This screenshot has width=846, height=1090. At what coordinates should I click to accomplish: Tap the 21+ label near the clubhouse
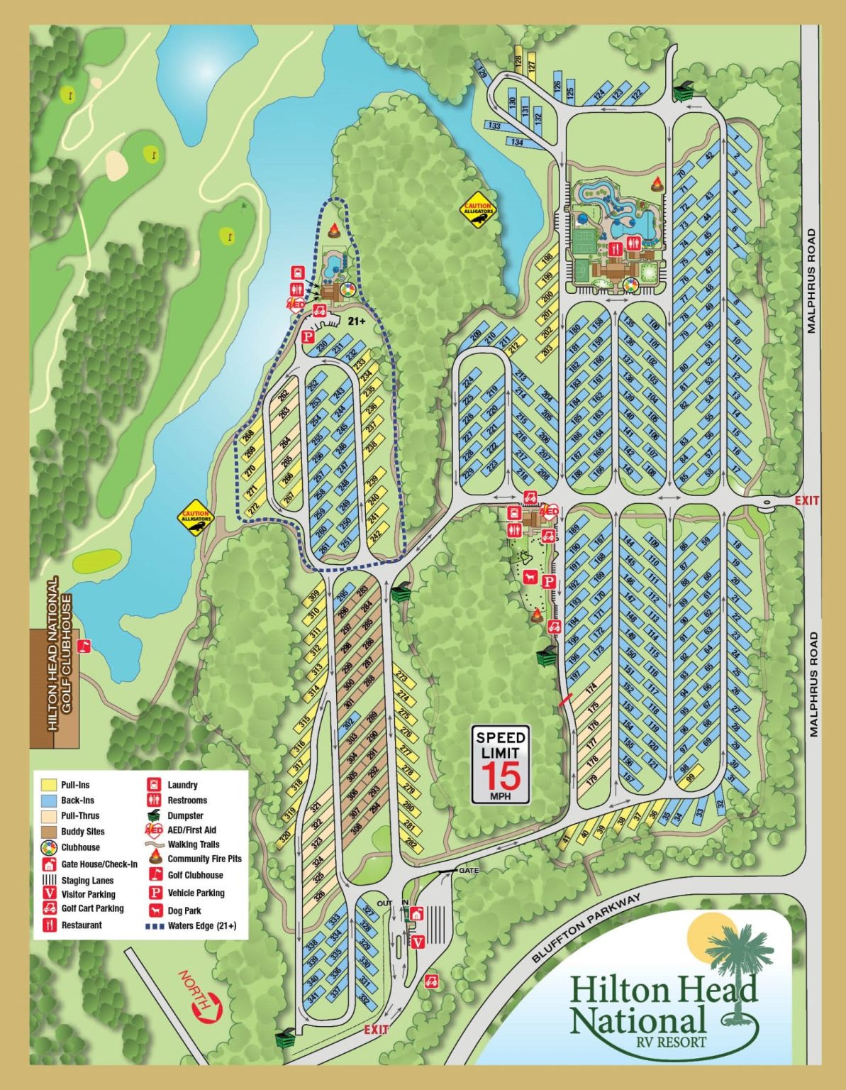357,321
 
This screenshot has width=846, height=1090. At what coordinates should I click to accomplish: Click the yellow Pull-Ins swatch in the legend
49,785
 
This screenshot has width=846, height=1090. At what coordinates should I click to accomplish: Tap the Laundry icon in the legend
154,785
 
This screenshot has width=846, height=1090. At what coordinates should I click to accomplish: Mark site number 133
494,126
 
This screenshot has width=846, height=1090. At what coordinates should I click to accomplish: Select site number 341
312,997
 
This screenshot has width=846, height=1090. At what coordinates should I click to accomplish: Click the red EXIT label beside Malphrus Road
806,500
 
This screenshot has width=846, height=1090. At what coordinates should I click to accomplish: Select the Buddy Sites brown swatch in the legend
49,831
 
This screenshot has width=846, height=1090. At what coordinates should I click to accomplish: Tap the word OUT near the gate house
384,903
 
